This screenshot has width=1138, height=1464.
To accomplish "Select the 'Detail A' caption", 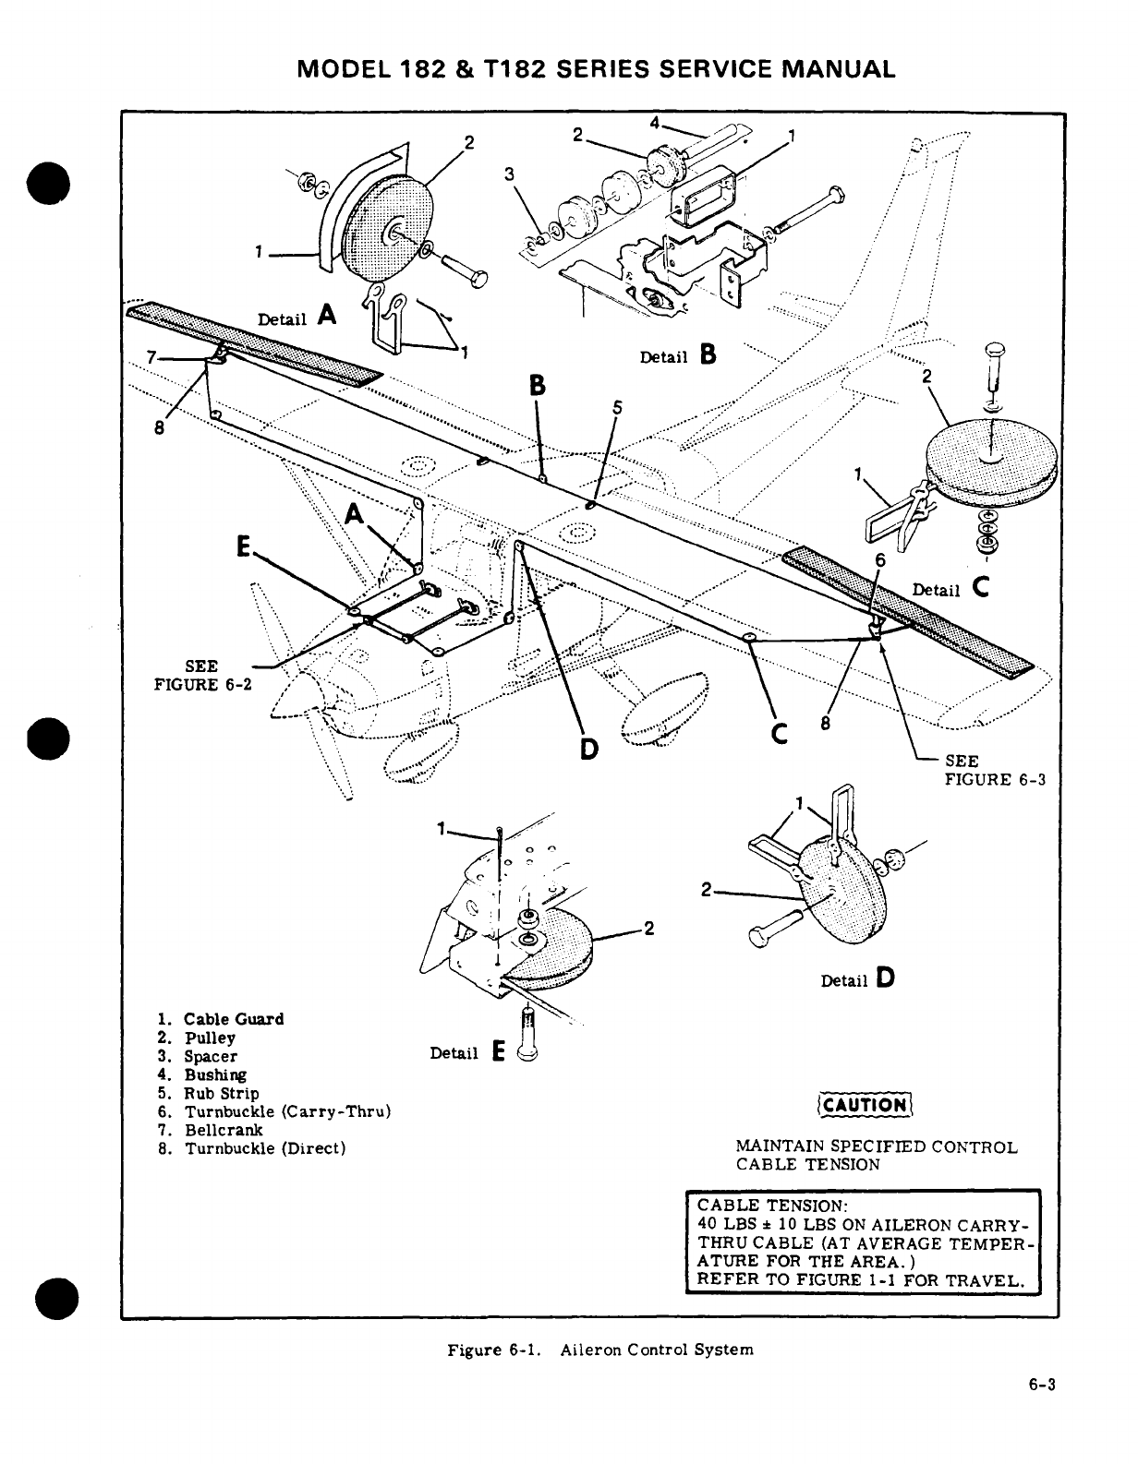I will [x=296, y=318].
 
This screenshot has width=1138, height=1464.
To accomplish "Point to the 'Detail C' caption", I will [x=950, y=589].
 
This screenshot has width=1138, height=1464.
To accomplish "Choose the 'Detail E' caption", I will [x=467, y=1052].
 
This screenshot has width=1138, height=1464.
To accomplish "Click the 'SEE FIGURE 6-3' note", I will [x=994, y=770].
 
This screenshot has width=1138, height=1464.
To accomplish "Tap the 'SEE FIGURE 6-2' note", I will [x=200, y=675].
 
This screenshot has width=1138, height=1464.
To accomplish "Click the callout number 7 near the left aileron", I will [x=151, y=357].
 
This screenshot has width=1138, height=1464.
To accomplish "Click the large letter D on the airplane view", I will [x=588, y=745].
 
